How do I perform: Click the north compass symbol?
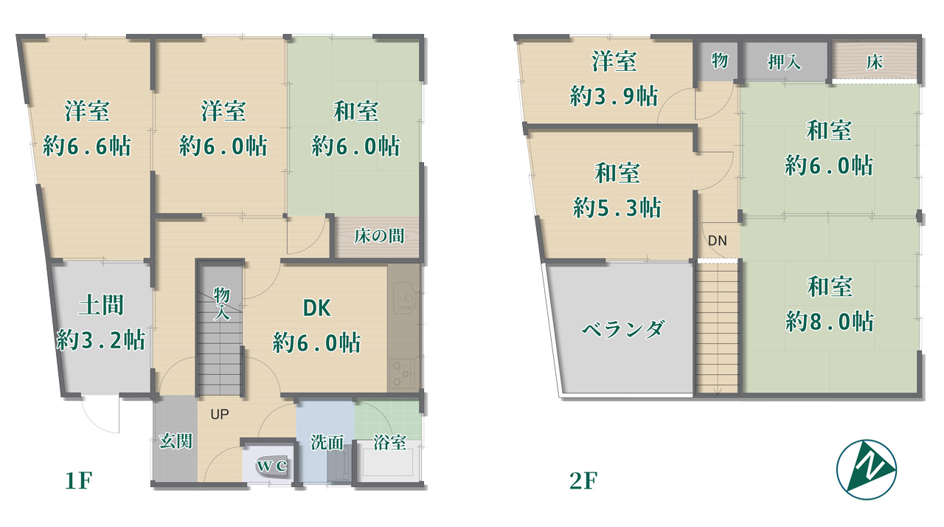(867, 469)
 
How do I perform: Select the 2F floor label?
(582, 481)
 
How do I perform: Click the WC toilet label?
(270, 466)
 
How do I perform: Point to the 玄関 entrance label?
(176, 441)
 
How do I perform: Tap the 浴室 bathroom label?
(389, 443)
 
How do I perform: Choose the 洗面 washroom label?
(327, 443)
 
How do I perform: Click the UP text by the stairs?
(220, 415)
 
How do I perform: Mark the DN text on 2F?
(717, 241)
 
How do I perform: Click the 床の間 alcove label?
(378, 237)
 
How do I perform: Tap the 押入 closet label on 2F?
(784, 62)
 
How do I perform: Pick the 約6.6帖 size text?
(87, 146)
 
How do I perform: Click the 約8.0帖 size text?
(830, 322)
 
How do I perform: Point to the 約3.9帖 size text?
(614, 96)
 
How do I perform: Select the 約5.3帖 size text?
(617, 207)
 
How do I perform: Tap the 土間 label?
(100, 305)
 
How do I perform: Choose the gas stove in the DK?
(402, 373)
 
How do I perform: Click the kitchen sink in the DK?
(403, 298)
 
